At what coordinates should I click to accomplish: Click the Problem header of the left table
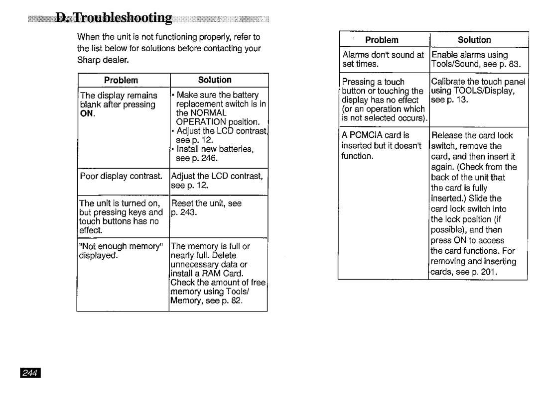(x=121, y=80)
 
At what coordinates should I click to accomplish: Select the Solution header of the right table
(x=474, y=40)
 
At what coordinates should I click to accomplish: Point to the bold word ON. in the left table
(x=88, y=113)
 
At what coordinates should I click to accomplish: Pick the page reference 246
(x=210, y=158)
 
